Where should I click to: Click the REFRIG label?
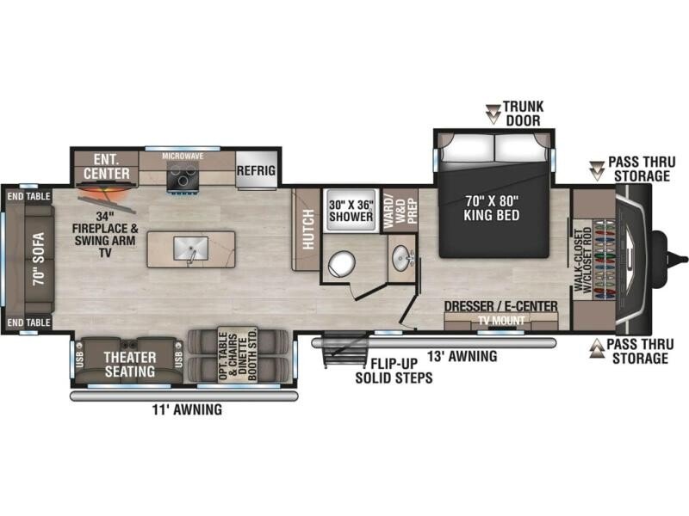pos(256,170)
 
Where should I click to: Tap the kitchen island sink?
pos(191,249)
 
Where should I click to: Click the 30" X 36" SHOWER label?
pos(351,210)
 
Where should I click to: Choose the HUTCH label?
pos(308,230)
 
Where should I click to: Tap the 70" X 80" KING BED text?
pos(492,208)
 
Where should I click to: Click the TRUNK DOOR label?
pos(523,114)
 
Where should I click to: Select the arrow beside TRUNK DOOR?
pos(493,114)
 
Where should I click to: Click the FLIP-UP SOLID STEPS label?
pos(394,371)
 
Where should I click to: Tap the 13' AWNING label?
pos(462,356)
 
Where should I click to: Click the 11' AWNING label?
pos(187,410)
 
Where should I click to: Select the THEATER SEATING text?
pos(130,364)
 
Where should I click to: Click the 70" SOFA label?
pos(39,259)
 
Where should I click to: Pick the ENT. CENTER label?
pos(107,166)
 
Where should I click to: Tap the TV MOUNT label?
pos(501,321)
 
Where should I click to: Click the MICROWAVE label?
pos(183,157)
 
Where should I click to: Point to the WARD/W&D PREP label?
pos(400,209)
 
